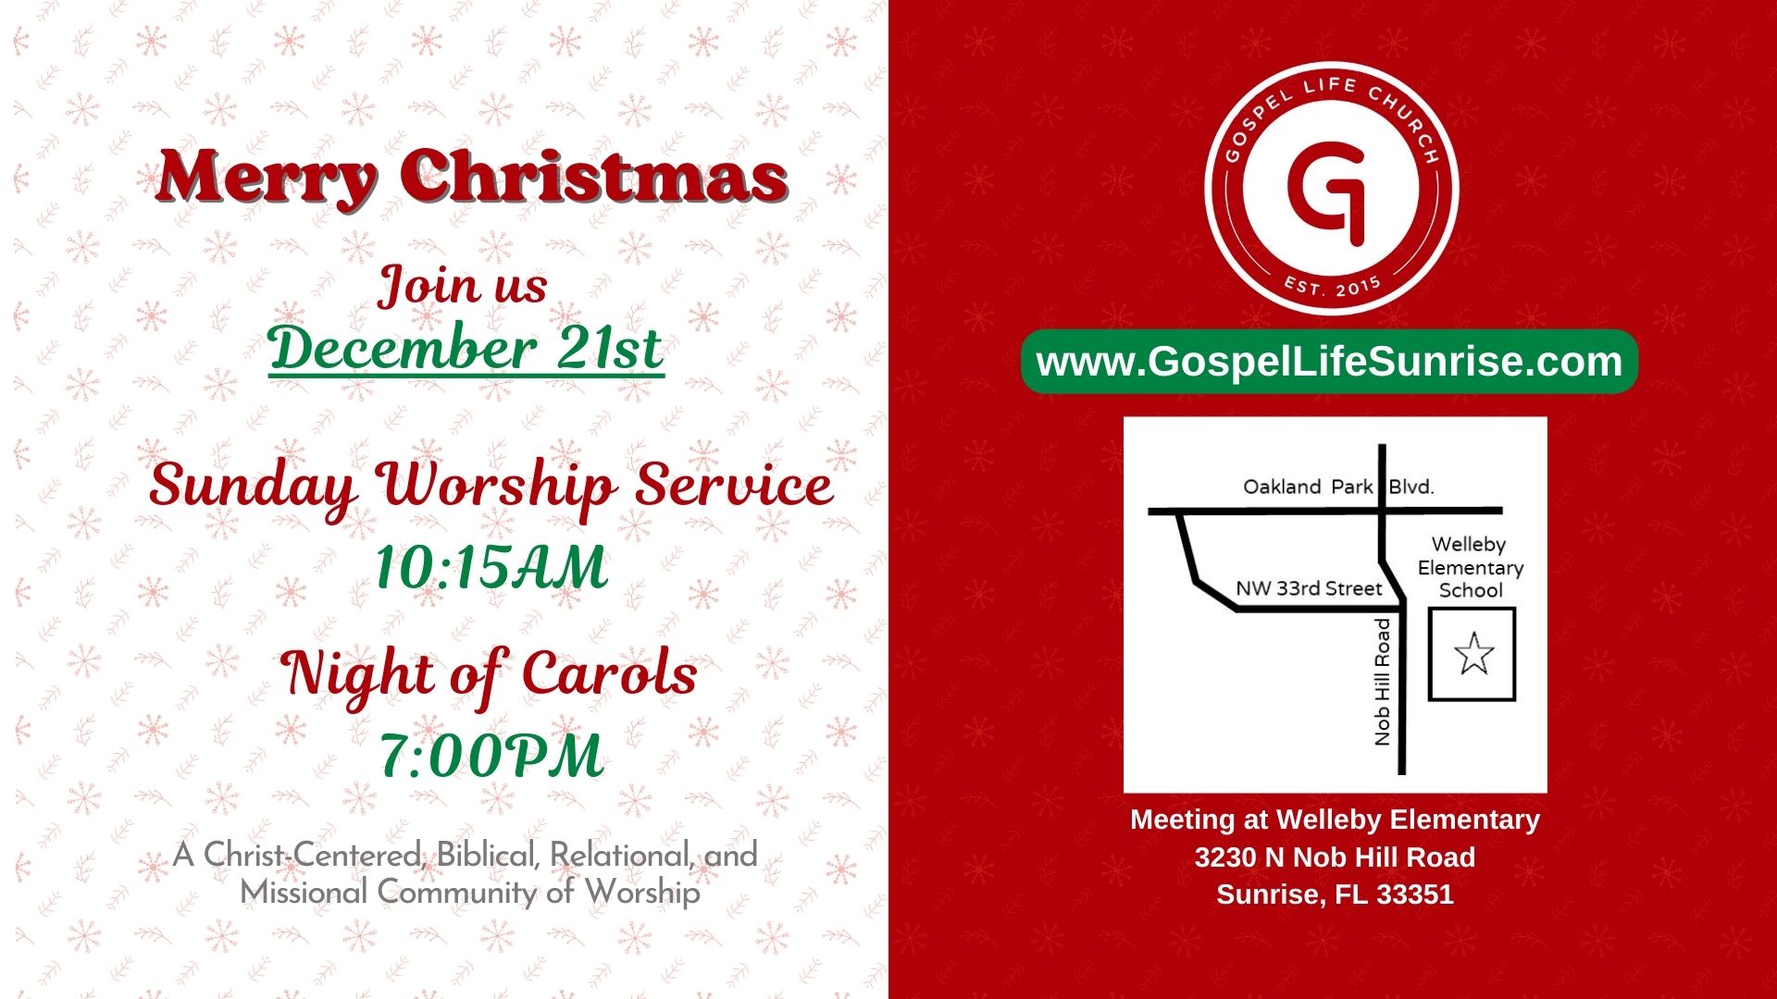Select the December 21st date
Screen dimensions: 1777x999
466,349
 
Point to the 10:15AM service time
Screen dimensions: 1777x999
491,567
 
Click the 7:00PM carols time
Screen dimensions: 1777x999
491,756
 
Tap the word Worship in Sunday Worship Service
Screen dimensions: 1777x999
497,487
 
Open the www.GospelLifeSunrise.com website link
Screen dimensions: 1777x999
1329,362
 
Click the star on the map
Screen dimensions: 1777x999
1473,653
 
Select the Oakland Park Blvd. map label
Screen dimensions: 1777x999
1338,487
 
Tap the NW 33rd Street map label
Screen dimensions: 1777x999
1309,588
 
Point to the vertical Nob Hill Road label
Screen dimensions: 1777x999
1383,682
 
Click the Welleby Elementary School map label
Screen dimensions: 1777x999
1470,567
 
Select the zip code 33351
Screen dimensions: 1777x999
1415,894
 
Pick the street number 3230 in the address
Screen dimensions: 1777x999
1225,857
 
